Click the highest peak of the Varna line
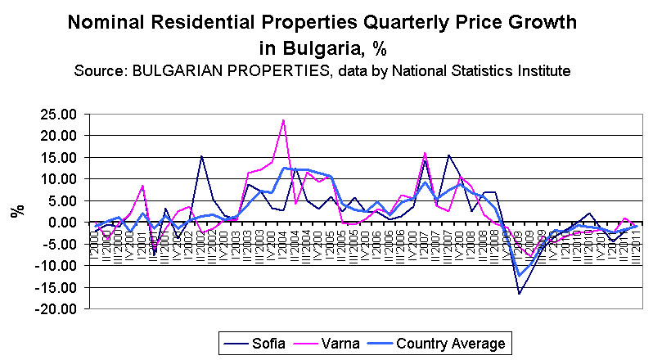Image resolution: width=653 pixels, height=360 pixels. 283,120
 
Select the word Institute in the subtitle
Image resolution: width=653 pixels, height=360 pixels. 540,70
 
